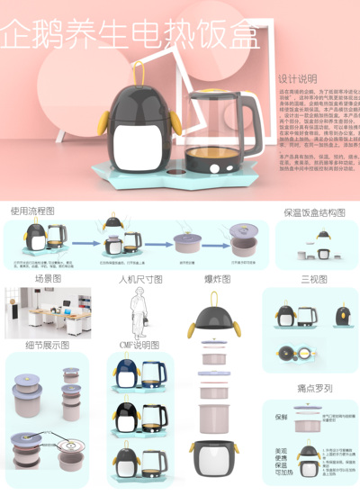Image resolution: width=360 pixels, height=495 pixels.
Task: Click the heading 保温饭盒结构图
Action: (x=314, y=212)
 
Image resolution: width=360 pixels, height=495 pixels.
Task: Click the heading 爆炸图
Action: (x=218, y=279)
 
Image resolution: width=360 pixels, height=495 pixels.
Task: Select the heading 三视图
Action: (x=315, y=279)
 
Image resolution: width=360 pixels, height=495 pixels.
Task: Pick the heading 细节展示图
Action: (x=45, y=345)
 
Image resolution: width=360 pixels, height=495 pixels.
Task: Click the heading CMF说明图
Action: (x=139, y=345)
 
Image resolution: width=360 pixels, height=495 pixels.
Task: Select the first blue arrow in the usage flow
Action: (x=85, y=241)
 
